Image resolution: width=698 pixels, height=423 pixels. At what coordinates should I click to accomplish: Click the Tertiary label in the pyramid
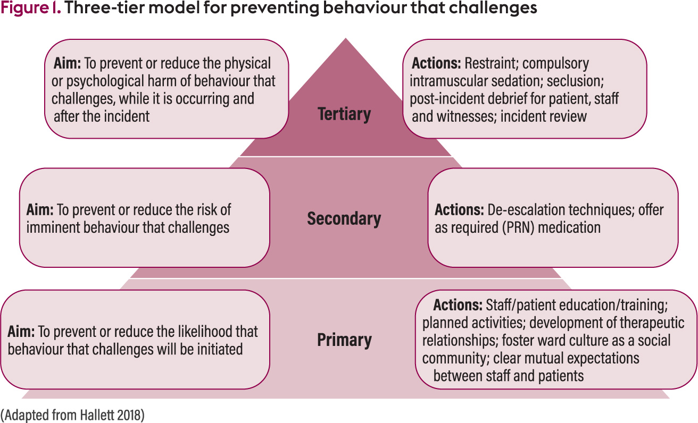[x=344, y=114]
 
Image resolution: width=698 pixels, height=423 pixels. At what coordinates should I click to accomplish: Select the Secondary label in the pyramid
[x=344, y=218]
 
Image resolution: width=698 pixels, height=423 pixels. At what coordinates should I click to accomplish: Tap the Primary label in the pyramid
[x=344, y=340]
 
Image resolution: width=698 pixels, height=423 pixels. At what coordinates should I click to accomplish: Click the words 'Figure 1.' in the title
[x=30, y=8]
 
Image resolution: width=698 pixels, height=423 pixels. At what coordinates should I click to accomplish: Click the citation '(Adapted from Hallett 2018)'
[x=72, y=415]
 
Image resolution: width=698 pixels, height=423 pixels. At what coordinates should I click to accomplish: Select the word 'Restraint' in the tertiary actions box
[x=492, y=63]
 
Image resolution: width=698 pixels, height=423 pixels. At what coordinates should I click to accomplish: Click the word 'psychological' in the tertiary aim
[x=105, y=81]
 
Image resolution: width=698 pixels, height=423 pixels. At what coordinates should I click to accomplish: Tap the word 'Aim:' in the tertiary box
[x=67, y=63]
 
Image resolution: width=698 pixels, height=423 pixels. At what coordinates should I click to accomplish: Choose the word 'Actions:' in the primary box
[x=458, y=304]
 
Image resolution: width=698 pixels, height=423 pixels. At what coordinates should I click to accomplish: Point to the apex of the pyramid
[x=345, y=38]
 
